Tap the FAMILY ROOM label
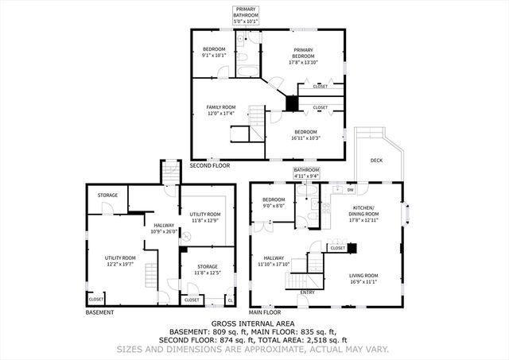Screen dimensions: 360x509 point(222,110)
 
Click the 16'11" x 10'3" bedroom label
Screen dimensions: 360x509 point(306,134)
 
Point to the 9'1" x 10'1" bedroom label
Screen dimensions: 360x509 point(213,53)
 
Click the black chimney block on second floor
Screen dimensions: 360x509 point(292,103)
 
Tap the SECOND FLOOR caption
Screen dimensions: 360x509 point(210,165)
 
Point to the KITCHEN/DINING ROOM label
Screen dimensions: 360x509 point(366,212)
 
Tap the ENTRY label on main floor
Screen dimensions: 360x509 point(305,292)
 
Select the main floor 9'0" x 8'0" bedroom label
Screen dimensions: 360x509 point(274,203)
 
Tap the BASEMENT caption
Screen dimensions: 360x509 point(99,312)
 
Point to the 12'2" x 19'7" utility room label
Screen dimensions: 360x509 point(121,261)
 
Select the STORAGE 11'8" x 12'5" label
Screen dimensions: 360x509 point(207,270)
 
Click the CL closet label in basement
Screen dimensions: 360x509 point(230,300)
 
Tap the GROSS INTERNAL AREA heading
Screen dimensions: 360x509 point(254,324)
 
